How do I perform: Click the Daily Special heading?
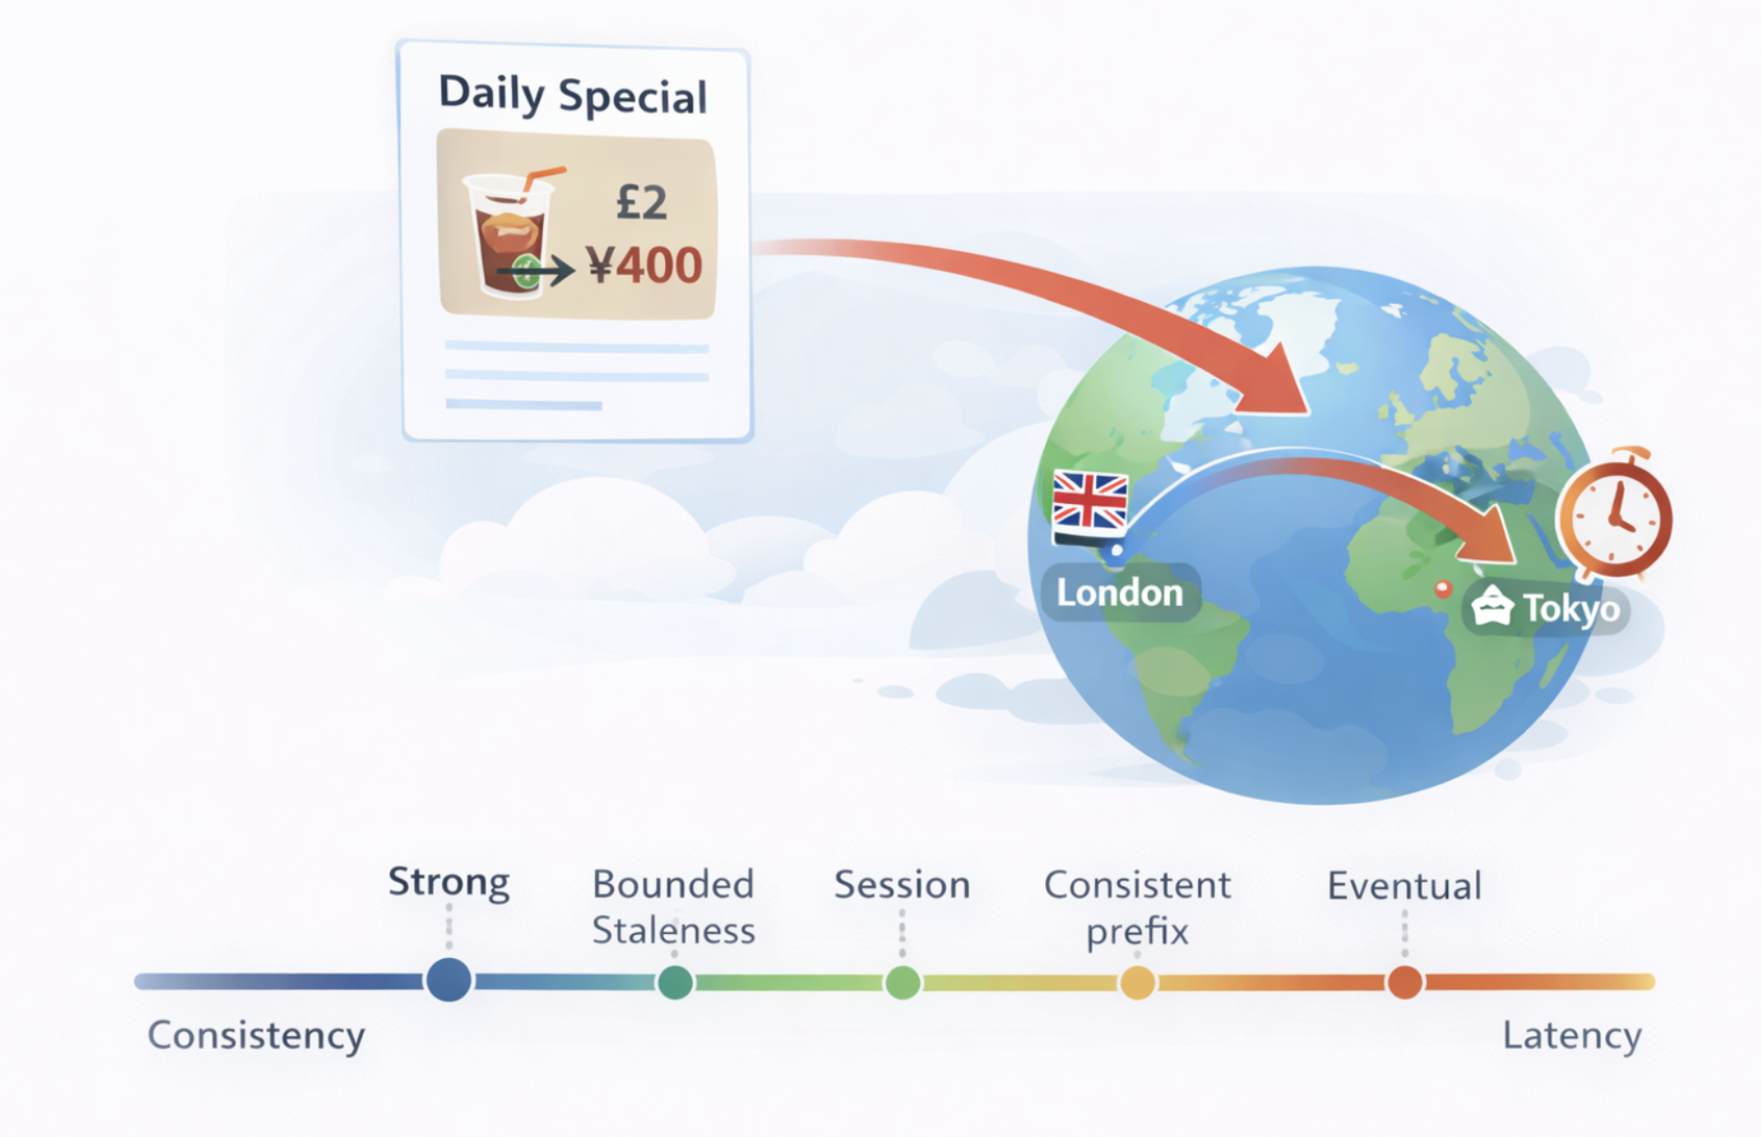coord(572,95)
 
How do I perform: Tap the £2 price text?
coord(641,202)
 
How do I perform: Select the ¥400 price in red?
coord(644,266)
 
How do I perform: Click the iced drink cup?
coord(508,235)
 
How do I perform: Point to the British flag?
coord(1090,503)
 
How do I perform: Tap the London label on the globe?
coord(1120,593)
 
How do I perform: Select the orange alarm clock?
coord(1615,515)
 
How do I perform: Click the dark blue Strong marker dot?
coord(448,980)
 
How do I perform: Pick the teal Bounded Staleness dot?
coord(675,982)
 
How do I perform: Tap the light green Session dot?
coord(902,982)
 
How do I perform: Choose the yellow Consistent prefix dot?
coord(1137,982)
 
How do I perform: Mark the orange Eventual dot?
coord(1405,982)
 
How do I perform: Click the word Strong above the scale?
coord(448,882)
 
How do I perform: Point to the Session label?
coord(902,885)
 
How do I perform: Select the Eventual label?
coord(1404,886)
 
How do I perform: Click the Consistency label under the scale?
coord(257,1036)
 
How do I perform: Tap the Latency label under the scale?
coord(1572,1036)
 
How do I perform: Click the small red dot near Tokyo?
coord(1443,589)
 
